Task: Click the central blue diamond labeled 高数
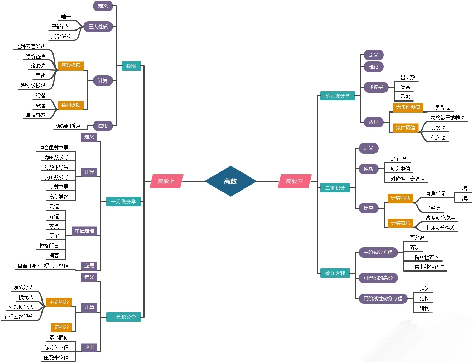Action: coord(230,181)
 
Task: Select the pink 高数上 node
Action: coord(167,181)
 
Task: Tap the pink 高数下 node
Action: coord(294,181)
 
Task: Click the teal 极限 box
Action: coord(131,66)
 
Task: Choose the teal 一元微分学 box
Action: coord(123,202)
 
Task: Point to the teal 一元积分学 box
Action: coord(123,317)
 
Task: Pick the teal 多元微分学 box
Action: coord(337,96)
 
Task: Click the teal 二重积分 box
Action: coord(335,188)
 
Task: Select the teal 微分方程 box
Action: coord(335,273)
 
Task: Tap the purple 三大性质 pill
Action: coord(98,27)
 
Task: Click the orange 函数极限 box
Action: coord(71,65)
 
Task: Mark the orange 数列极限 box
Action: coord(71,105)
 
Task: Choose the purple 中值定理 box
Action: coord(84,231)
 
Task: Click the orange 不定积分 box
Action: coord(59,302)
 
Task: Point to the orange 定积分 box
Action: coord(61,327)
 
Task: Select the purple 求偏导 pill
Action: coord(376,87)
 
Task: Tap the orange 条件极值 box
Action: coord(406,127)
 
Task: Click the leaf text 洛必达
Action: coord(38,66)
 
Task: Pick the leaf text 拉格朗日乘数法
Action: coord(447,118)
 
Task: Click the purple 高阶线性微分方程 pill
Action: coord(383,298)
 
